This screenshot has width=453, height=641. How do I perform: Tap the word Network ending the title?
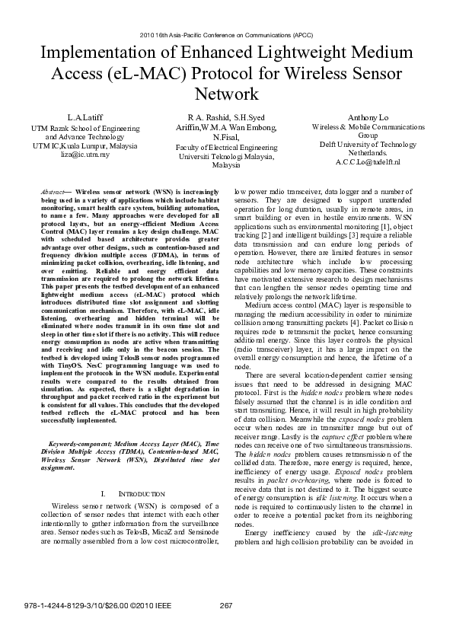pos(228,94)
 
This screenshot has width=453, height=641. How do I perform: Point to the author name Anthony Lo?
pos(368,119)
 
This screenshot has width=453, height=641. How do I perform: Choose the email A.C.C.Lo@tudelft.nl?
pos(368,163)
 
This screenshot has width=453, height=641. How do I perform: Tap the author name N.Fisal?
pos(226,138)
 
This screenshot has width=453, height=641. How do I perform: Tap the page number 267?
pos(225,606)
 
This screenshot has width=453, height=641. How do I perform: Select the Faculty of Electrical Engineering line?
pos(226,147)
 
